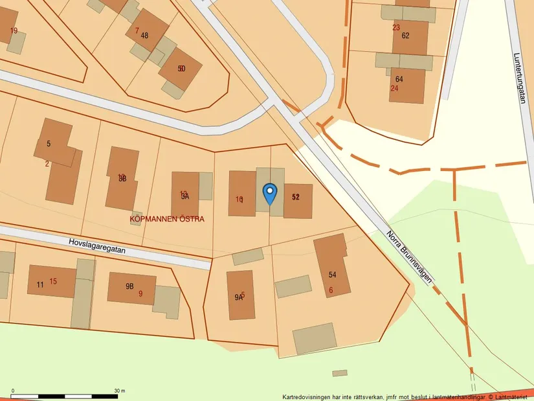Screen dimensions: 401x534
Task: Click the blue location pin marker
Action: pos(270,192)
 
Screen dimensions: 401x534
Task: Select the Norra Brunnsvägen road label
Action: pos(409,256)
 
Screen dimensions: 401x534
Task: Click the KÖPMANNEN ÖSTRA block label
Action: pos(167,219)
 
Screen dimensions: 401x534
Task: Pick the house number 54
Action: pos(333,275)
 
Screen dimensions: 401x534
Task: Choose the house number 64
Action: pos(399,79)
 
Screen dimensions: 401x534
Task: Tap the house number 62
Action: pos(405,36)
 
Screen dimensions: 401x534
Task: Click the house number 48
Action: pos(144,36)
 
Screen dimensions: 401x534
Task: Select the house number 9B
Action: pos(129,286)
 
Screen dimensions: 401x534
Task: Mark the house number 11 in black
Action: pos(40,284)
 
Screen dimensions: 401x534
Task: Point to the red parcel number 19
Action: pos(14,30)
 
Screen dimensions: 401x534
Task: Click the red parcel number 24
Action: pos(394,88)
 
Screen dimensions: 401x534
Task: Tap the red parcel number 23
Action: pos(395,28)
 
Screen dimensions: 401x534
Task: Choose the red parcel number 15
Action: pos(53,281)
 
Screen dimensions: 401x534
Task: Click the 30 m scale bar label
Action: pos(119,391)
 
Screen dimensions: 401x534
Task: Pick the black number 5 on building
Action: pos(49,143)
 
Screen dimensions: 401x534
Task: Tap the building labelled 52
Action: pos(296,197)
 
